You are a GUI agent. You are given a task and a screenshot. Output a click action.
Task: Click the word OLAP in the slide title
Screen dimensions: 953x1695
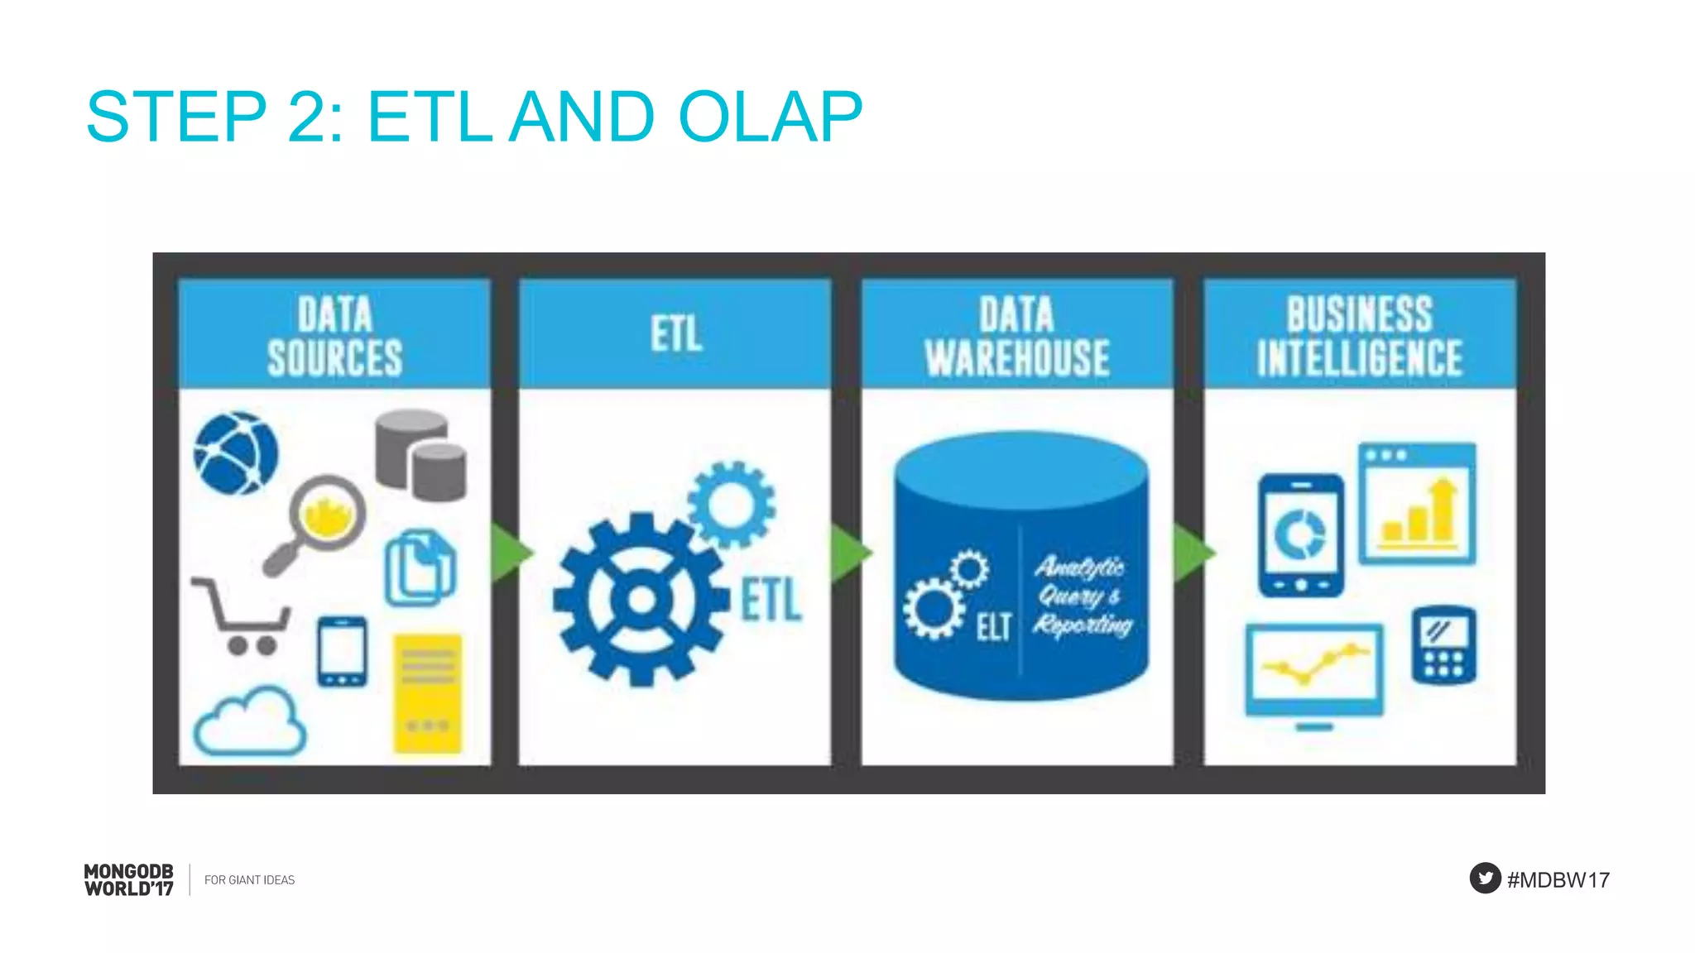(x=770, y=117)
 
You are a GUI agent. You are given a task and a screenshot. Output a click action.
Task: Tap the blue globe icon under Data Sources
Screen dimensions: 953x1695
(x=236, y=453)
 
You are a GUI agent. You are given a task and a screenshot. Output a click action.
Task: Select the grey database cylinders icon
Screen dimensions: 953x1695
(x=420, y=455)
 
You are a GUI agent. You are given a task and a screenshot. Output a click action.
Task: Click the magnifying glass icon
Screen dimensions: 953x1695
(x=319, y=521)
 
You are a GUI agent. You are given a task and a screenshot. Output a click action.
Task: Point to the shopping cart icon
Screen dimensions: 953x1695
(x=242, y=616)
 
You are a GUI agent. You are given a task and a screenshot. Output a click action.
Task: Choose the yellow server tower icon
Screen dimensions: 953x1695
(x=427, y=693)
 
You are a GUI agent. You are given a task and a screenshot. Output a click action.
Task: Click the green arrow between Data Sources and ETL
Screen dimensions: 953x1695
(x=509, y=553)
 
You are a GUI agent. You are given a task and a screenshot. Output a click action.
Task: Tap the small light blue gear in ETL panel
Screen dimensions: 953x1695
(x=732, y=504)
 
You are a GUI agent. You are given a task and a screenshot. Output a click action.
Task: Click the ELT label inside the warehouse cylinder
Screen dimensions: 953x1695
(x=993, y=627)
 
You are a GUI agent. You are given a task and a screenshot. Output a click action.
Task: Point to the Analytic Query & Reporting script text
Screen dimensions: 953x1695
(x=1081, y=596)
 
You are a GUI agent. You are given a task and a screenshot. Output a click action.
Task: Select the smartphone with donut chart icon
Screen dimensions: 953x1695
(x=1301, y=535)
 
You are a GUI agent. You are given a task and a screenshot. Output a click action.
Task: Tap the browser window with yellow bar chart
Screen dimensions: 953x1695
(x=1417, y=504)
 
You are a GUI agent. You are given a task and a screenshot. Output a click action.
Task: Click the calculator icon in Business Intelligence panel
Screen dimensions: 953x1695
(x=1443, y=646)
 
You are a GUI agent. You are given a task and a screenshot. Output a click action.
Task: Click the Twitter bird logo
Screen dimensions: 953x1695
(x=1485, y=878)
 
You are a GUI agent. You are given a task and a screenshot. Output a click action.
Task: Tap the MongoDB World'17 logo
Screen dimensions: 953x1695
(x=129, y=879)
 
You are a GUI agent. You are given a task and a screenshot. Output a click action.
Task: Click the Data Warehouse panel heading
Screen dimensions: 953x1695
(x=1017, y=335)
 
